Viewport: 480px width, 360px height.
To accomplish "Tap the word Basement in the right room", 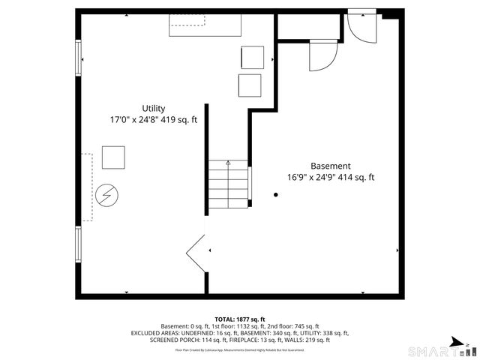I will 330,166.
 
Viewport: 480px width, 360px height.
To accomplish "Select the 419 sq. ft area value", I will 180,119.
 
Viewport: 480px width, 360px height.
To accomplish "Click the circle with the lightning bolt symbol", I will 106,196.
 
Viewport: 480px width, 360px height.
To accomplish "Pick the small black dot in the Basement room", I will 276,195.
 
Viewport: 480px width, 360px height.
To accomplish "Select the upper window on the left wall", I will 78,58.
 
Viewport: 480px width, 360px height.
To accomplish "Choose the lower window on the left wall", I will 78,244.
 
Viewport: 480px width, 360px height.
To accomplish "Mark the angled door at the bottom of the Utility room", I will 196,253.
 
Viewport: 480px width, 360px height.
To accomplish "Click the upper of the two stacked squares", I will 253,57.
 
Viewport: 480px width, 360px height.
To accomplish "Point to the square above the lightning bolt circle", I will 114,157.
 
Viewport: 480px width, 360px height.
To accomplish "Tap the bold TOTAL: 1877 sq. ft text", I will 239,319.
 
